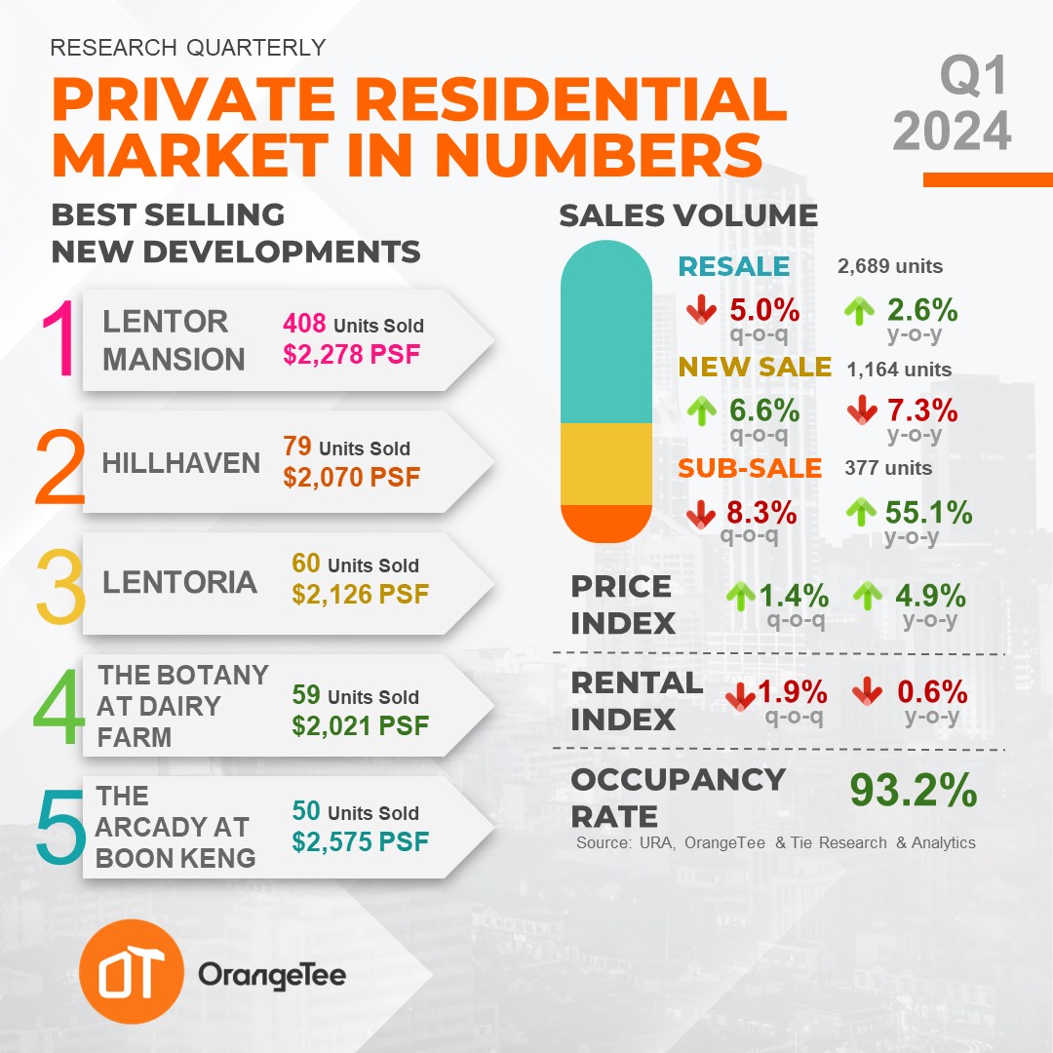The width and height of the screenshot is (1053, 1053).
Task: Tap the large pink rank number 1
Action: [57, 340]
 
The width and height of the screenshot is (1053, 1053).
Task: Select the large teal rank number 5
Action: [58, 828]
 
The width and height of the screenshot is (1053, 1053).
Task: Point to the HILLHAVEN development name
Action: [181, 462]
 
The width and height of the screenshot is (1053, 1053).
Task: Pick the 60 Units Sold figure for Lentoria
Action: [355, 565]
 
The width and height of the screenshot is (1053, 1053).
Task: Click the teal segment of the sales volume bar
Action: [605, 331]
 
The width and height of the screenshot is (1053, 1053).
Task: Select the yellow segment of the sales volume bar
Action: [605, 463]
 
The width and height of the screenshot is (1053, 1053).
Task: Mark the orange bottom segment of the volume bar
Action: [605, 523]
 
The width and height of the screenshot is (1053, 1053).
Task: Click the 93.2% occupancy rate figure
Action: [913, 791]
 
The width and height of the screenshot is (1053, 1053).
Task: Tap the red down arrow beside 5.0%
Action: [701, 311]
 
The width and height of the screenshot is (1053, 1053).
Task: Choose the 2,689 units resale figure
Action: [889, 266]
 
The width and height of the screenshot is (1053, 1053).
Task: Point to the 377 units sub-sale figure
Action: [888, 468]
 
